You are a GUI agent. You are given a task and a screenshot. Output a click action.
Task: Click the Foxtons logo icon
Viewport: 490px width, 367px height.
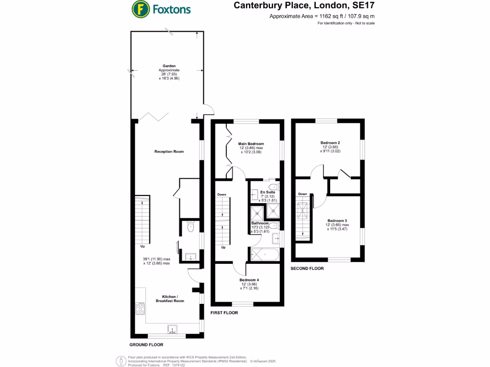(139, 9)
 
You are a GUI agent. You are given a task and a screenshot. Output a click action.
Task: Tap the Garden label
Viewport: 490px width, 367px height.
(168, 66)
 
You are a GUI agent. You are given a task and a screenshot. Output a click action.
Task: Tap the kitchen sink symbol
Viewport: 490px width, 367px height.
(173, 329)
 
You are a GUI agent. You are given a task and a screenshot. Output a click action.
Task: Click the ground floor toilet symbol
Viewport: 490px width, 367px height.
(191, 227)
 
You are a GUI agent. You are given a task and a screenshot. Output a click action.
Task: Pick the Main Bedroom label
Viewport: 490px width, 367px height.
(251, 143)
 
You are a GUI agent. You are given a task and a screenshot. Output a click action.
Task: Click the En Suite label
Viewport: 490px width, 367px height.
(261, 192)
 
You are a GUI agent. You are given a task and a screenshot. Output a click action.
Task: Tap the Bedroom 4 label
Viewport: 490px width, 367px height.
(249, 280)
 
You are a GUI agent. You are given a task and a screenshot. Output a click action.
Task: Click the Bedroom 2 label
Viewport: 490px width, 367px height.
(330, 142)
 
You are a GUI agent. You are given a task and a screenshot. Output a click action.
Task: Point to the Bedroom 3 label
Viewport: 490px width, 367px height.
(337, 220)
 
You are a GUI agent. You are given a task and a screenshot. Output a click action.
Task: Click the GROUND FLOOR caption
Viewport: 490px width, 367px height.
(146, 345)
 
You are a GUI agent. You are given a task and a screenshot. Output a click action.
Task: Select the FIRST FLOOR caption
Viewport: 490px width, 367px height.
(224, 313)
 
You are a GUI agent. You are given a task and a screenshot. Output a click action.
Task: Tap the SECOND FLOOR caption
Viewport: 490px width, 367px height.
(307, 269)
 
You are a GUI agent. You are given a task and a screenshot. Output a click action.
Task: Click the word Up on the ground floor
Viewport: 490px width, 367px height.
(143, 247)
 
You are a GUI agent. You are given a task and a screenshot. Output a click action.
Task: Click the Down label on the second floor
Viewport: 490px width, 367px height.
(302, 194)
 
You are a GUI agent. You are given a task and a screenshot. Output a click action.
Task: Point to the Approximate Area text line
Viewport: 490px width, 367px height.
(322, 17)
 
